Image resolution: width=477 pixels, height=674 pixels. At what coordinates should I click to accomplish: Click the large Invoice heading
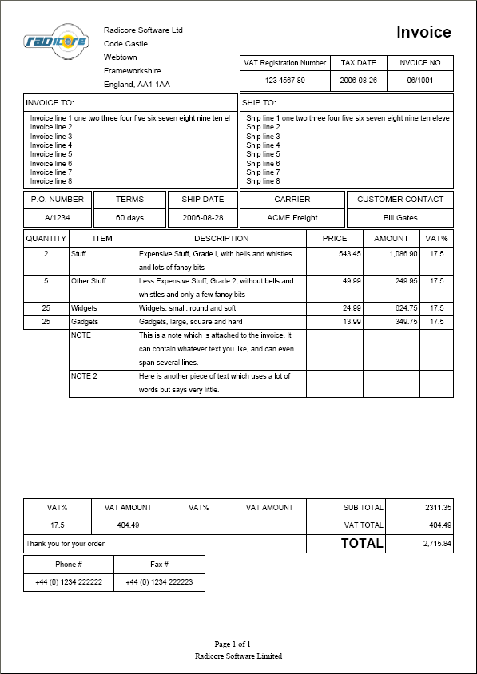[x=423, y=32]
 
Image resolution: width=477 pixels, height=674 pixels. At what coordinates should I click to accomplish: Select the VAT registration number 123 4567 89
[x=284, y=81]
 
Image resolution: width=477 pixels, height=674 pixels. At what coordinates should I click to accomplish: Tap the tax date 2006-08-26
[x=359, y=81]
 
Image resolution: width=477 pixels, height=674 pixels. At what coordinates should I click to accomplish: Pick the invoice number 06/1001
[x=420, y=81]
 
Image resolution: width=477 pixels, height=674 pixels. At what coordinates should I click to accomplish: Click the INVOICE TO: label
[x=50, y=103]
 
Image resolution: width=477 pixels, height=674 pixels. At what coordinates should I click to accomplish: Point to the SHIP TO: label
[x=259, y=103]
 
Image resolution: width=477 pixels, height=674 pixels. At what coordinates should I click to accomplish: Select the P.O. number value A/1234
[x=57, y=217]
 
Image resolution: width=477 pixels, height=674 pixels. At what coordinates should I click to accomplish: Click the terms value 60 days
[x=129, y=217]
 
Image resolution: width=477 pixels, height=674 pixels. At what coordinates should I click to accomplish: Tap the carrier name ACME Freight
[x=292, y=217]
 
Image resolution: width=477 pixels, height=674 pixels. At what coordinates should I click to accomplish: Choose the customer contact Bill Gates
[x=400, y=217]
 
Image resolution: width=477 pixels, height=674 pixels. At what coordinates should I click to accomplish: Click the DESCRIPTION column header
[x=221, y=238]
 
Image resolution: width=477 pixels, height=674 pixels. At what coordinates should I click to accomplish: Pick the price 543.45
[x=350, y=253]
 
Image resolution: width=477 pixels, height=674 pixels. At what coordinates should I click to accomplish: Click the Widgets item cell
[x=85, y=308]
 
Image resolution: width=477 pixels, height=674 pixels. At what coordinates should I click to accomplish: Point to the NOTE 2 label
[x=84, y=376]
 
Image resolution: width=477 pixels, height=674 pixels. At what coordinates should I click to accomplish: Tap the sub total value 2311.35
[x=438, y=507]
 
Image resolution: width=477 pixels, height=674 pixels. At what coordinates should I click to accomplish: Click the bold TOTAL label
[x=362, y=544]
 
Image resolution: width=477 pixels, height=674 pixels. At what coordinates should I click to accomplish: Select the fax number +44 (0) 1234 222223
[x=159, y=582]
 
